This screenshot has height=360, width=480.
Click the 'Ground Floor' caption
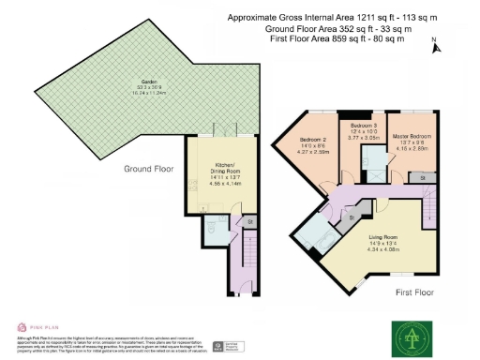(150, 170)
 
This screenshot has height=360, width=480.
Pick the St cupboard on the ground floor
(250, 221)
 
